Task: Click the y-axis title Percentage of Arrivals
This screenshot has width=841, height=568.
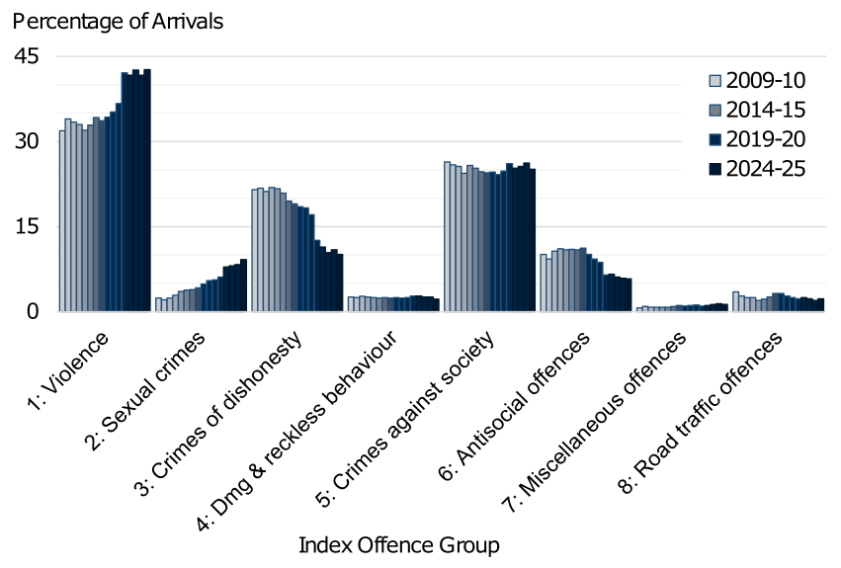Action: [x=118, y=21]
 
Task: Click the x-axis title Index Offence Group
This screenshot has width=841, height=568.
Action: [x=398, y=544]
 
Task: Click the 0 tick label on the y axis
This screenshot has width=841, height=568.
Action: [x=33, y=311]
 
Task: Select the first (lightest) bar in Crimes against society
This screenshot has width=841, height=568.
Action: [x=447, y=236]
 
